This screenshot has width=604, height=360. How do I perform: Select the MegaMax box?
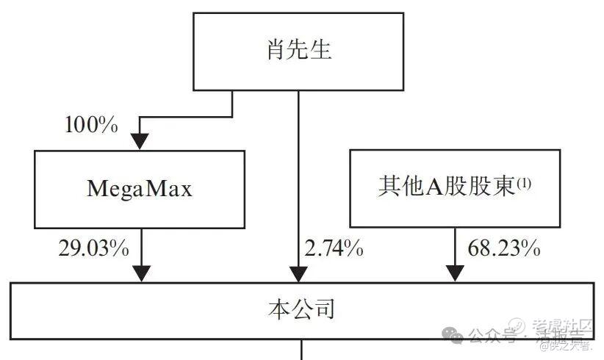coord(140,188)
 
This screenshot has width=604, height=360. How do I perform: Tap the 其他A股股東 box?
coord(454,188)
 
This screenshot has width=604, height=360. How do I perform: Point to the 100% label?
coord(91,125)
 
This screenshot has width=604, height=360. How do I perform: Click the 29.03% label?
coord(94,248)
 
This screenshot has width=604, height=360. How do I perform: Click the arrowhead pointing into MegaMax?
coord(140,141)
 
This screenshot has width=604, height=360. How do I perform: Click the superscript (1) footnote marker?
coord(524,185)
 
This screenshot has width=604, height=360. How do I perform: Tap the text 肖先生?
coord(298,51)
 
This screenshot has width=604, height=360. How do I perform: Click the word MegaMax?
coord(140,189)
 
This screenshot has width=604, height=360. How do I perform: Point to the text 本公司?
coord(301,309)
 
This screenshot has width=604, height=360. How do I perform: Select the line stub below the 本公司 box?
coord(301,349)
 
